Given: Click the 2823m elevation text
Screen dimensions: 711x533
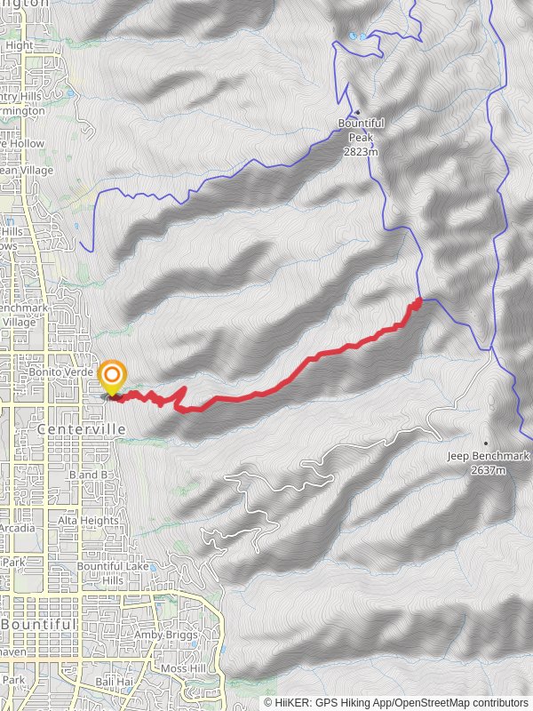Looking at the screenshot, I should (x=361, y=152).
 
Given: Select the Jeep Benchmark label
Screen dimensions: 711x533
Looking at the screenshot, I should (x=488, y=457).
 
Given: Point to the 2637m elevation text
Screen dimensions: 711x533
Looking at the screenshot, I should (x=489, y=469).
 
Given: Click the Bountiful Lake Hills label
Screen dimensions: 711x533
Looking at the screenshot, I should (x=112, y=573).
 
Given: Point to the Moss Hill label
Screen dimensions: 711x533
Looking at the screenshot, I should (x=183, y=667).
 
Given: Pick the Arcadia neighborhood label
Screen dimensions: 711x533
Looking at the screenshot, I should (x=18, y=528).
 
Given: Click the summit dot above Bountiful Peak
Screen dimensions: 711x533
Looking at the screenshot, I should (x=357, y=112).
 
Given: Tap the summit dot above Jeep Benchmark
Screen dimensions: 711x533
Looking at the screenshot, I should (x=486, y=443).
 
